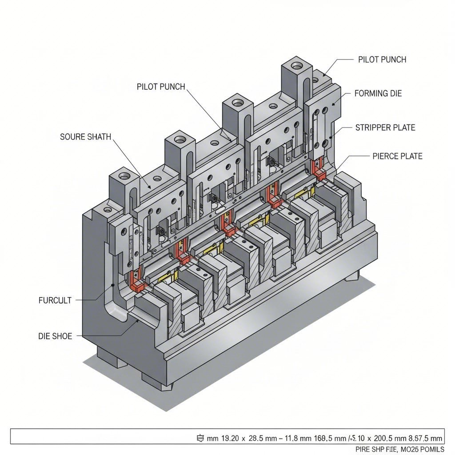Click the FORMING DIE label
pyautogui.click(x=378, y=94)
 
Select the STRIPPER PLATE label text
pyautogui.click(x=385, y=128)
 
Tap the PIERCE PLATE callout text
pyautogui.click(x=397, y=156)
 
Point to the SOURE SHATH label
pyautogui.click(x=85, y=137)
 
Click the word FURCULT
pyautogui.click(x=55, y=300)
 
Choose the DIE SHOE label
pyautogui.click(x=55, y=336)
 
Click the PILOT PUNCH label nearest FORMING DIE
pyautogui.click(x=382, y=60)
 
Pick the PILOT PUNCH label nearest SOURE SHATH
pyautogui.click(x=161, y=87)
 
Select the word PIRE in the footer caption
pyautogui.click(x=363, y=449)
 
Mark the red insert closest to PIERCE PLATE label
pyautogui.click(x=318, y=168)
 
